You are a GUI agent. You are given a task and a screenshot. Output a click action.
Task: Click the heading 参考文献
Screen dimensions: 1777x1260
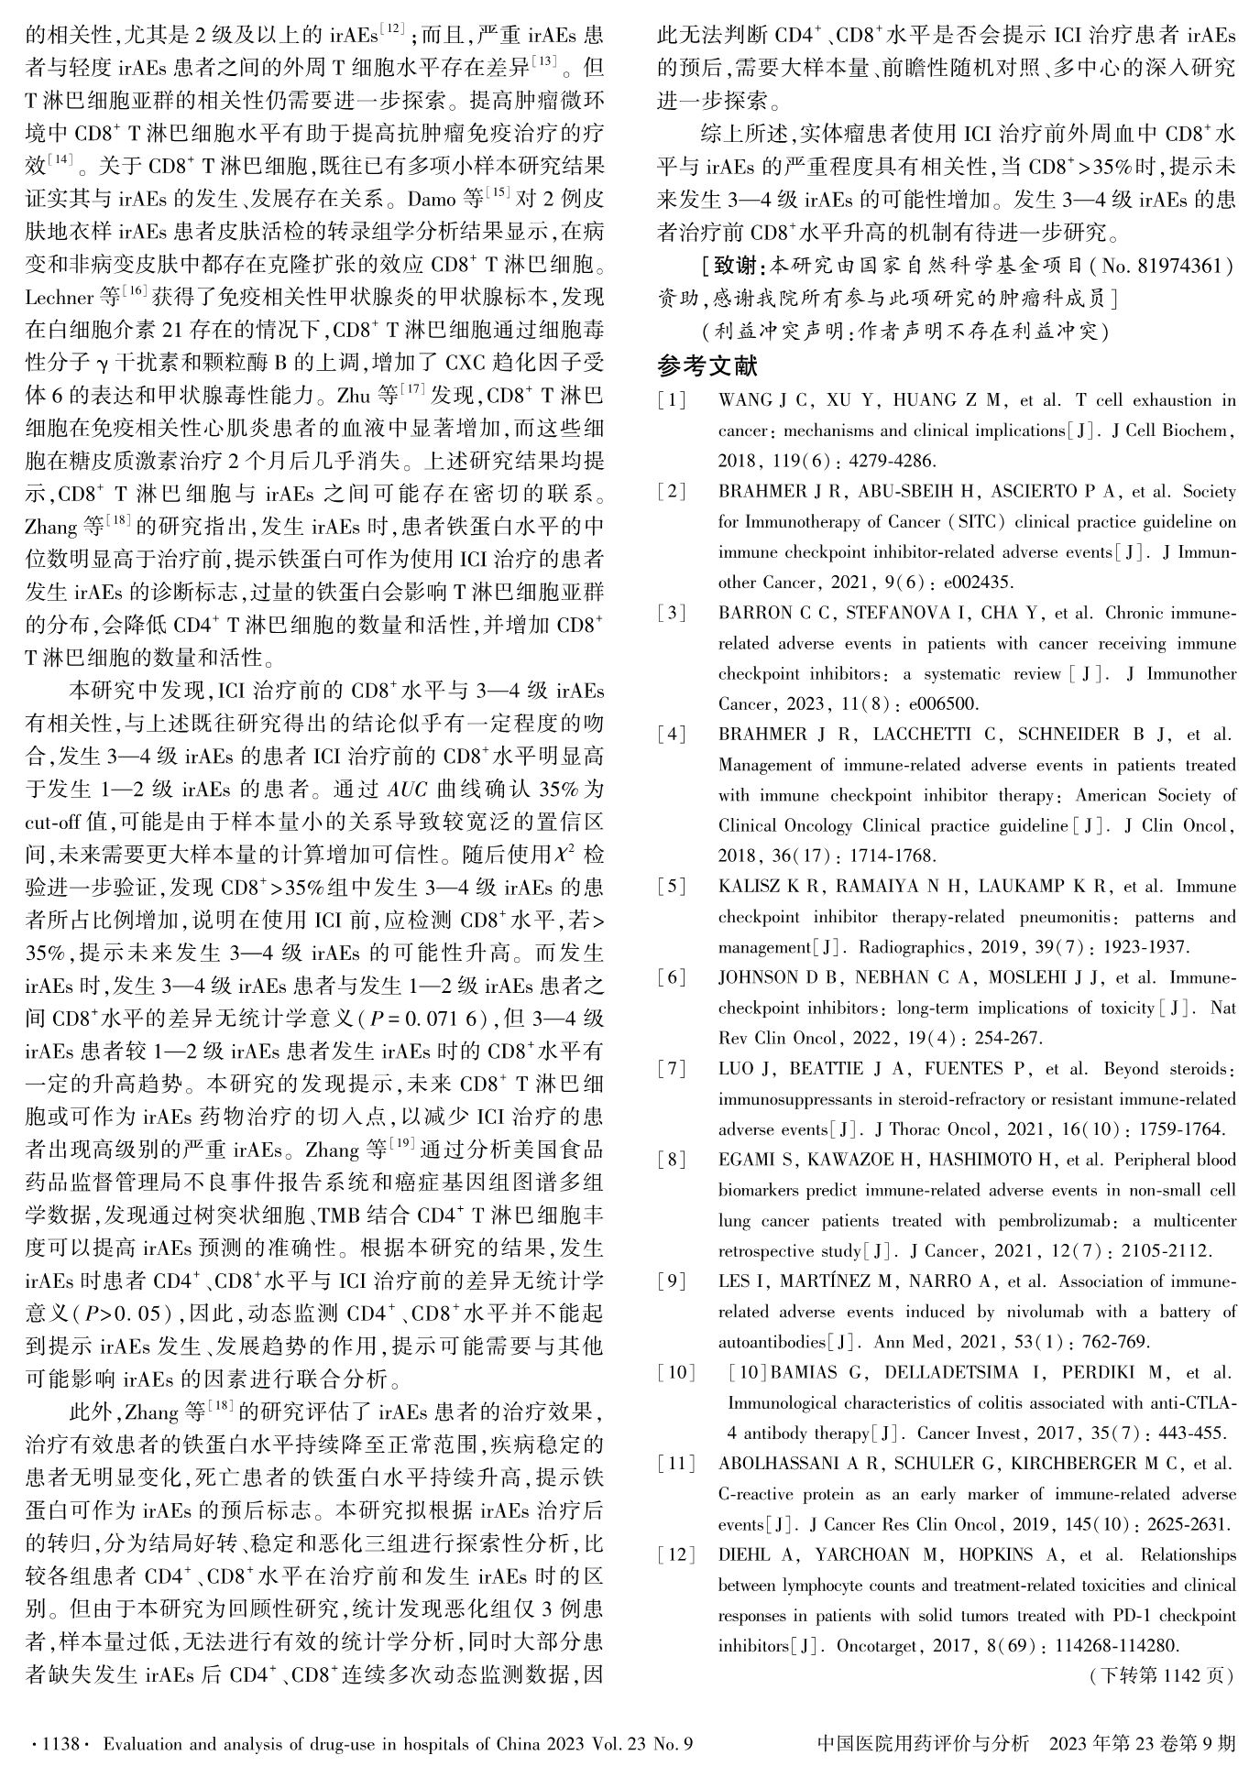pyautogui.click(x=707, y=366)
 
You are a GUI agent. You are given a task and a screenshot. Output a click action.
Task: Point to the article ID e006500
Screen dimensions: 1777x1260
pyautogui.click(x=944, y=704)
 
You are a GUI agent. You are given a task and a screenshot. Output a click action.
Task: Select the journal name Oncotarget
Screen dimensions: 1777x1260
pyautogui.click(x=875, y=1646)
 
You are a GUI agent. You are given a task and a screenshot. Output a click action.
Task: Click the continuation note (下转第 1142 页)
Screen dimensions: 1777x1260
pyautogui.click(x=1161, y=1675)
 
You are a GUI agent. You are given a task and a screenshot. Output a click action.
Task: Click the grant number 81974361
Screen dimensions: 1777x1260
pyautogui.click(x=1179, y=266)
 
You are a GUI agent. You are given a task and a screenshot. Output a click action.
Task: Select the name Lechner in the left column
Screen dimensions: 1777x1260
pyautogui.click(x=60, y=297)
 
